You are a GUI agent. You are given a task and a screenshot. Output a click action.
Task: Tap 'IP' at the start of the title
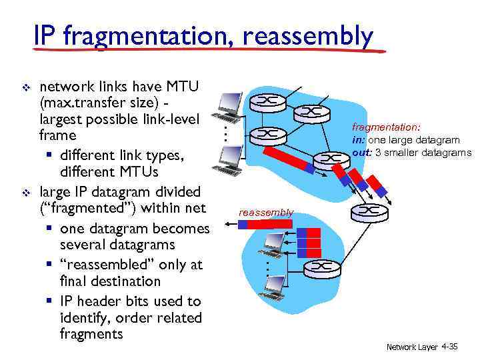tap(45, 36)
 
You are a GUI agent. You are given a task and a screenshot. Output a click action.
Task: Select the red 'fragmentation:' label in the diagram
tap(377, 127)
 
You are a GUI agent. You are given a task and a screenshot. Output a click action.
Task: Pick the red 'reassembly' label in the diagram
tap(266, 212)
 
